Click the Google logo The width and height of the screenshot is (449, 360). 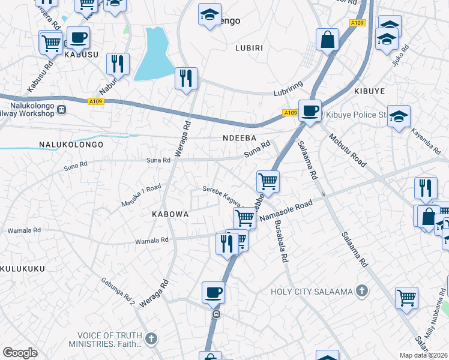click(x=20, y=352)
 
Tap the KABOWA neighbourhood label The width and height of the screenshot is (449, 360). click(x=170, y=214)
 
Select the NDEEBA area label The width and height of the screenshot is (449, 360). click(x=240, y=138)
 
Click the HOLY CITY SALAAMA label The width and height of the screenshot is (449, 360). click(x=310, y=292)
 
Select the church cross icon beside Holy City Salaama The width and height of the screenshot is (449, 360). click(x=361, y=292)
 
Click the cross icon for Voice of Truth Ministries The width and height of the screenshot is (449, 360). click(x=151, y=339)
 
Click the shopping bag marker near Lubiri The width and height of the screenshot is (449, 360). click(x=328, y=40)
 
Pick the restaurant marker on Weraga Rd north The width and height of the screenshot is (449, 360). click(x=186, y=78)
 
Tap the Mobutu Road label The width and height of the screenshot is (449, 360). click(x=347, y=150)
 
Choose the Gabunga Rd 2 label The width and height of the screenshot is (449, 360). click(x=118, y=292)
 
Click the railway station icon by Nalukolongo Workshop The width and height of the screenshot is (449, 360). click(x=62, y=109)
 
